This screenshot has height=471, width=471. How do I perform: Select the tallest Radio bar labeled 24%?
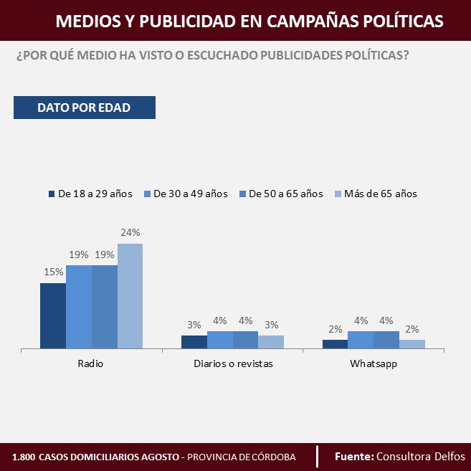130,296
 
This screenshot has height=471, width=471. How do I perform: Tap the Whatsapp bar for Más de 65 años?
412,344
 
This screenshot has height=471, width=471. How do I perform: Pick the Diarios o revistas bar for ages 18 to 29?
194,342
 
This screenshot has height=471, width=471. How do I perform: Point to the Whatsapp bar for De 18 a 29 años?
335,344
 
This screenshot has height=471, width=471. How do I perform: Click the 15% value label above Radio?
53,272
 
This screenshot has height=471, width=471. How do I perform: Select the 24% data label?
130,232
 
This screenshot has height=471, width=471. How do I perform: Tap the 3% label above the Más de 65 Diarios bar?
271,325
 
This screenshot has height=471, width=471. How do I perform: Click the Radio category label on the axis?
90,364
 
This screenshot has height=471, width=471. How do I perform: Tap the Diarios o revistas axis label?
233,364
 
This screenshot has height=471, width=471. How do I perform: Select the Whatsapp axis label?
374,364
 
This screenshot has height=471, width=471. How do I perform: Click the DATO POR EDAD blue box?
84,108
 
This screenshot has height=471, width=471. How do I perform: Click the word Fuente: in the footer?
354,456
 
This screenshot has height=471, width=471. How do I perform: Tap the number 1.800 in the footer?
23,457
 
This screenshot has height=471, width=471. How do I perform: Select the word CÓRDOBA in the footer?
275,457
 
